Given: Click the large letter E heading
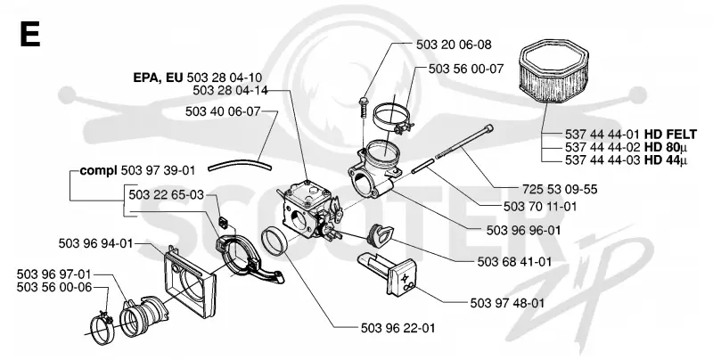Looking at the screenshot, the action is point(30,34).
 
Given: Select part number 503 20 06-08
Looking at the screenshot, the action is point(454,45).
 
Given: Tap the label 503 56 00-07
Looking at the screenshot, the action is point(466,69).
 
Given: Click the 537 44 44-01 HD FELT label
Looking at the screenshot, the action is point(631,135).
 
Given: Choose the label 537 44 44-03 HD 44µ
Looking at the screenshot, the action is point(627,160).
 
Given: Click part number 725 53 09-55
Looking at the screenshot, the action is point(560,189).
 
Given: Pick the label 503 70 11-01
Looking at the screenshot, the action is point(540,207).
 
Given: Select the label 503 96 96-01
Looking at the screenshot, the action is point(524,230).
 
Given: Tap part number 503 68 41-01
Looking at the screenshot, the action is point(515,262).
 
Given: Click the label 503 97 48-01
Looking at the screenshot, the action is point(507,303).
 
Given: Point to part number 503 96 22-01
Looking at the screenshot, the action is point(397,328).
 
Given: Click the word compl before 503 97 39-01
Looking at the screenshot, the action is point(99,171).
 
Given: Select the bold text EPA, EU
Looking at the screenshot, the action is point(158,78).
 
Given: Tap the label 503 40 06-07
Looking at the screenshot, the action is point(223,111).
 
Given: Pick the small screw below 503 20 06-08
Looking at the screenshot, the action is point(363,106).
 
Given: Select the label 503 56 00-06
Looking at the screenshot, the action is point(54,287).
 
